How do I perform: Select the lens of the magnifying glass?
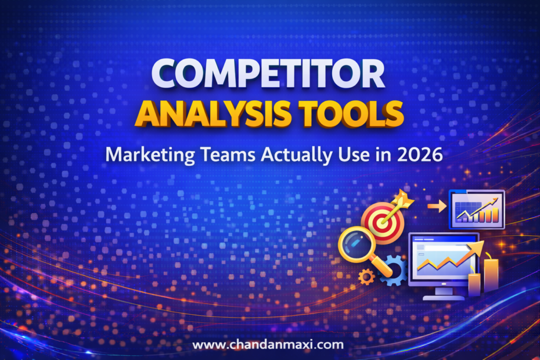click(355, 244)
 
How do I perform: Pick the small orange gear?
click(366, 278)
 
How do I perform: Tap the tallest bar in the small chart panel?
click(495, 214)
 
